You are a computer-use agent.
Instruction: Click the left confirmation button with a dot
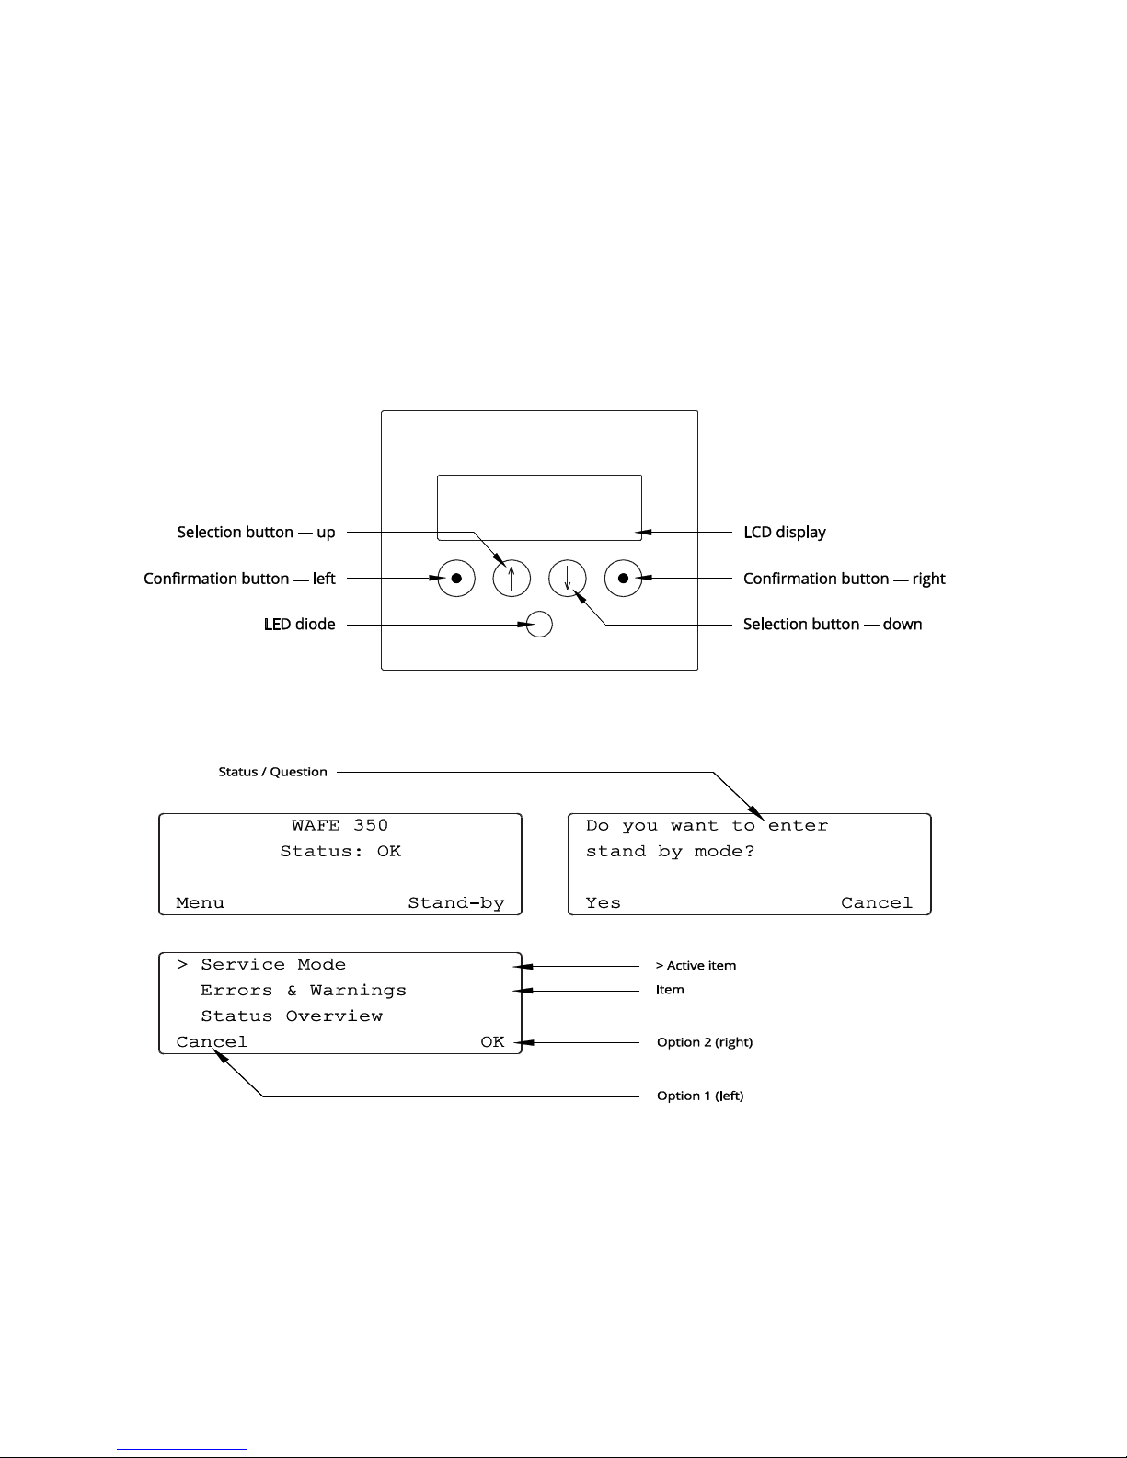coord(456,579)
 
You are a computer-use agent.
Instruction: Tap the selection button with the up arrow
coord(512,579)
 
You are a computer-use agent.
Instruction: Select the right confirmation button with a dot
coord(623,579)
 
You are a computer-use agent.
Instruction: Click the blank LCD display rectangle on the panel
coord(539,507)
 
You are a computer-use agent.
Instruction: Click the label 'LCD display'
coord(784,533)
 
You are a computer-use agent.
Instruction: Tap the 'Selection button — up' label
coord(256,533)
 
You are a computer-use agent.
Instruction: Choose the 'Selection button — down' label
coord(832,625)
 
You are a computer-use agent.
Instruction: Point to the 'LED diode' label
coord(299,625)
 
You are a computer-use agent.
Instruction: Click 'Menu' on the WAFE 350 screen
coord(200,903)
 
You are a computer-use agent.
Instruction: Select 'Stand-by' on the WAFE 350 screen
coord(456,903)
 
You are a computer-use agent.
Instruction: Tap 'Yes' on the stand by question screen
coord(603,903)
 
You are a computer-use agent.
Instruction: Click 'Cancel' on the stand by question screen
coord(876,903)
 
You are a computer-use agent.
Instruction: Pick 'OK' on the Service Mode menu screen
coord(492,1042)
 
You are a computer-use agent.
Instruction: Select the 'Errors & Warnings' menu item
coord(303,991)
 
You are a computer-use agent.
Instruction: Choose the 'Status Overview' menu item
coord(291,1016)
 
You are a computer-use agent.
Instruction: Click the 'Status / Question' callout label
coord(272,772)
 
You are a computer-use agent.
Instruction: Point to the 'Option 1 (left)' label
coord(699,1096)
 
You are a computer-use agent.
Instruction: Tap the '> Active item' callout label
coord(696,966)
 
